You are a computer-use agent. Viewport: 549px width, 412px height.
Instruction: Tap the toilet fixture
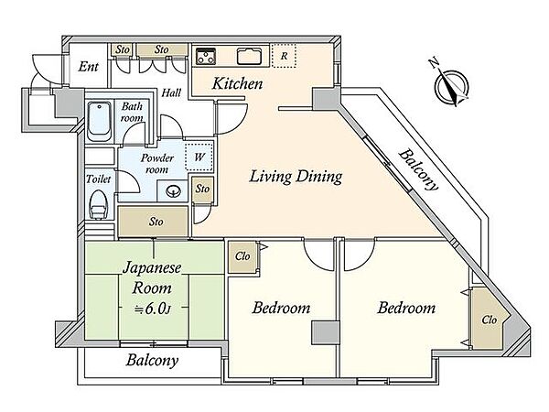point(98,204)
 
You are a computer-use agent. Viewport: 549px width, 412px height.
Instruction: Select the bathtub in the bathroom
point(100,122)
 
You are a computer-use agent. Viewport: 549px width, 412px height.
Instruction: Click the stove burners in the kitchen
point(206,56)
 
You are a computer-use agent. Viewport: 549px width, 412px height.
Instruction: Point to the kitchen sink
point(249,56)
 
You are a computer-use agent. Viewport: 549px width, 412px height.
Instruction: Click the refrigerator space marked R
point(284,55)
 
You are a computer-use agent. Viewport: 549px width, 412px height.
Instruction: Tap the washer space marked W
point(199,157)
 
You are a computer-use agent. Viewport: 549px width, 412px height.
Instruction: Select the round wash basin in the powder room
point(173,191)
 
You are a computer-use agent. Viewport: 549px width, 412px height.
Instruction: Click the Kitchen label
point(237,83)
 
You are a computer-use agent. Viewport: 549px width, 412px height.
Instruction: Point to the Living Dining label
point(296,176)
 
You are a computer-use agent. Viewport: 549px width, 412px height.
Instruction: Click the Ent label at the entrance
point(88,66)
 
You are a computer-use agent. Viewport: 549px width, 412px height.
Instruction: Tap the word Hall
point(171,92)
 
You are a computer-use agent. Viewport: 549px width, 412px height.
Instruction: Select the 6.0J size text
point(154,309)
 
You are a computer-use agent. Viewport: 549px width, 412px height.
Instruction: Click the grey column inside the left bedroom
point(326,333)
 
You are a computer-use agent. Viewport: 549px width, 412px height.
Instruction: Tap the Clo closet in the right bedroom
point(489,319)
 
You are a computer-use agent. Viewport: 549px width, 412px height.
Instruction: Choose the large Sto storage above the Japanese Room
point(154,222)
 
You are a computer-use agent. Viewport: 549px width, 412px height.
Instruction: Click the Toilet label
point(99,179)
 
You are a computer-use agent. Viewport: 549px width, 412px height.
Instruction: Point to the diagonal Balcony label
point(418,169)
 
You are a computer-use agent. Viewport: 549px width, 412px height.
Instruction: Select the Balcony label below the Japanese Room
point(152,360)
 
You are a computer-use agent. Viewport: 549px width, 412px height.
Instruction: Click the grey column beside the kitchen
point(326,99)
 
